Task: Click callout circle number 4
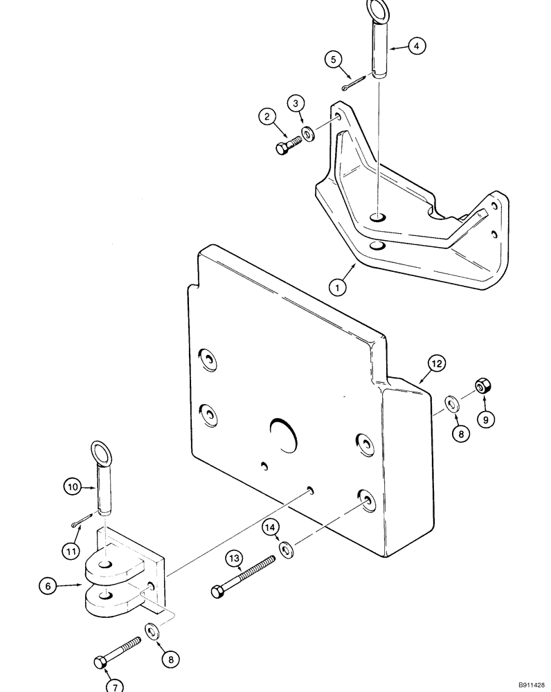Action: tap(416, 46)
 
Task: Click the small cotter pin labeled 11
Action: tap(83, 516)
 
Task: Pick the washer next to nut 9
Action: tap(451, 403)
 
